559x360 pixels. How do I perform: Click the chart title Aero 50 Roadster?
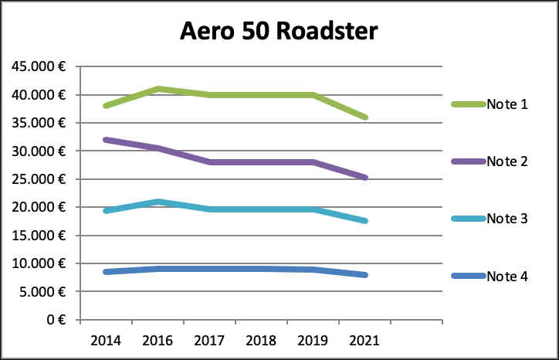[x=279, y=31]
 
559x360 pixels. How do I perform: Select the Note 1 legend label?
[x=506, y=104]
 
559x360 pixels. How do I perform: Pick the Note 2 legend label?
[x=506, y=161]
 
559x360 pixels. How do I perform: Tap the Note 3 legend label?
[x=506, y=219]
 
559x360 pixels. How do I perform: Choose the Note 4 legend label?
[x=506, y=276]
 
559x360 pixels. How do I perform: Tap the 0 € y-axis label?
[x=55, y=319]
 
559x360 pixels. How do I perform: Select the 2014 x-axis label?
[x=105, y=339]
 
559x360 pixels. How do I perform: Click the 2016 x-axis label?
[x=157, y=339]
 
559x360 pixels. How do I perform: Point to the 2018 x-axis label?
[x=260, y=339]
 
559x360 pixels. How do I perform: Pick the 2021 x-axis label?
[x=364, y=339]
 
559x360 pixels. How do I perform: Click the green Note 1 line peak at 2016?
[x=157, y=89]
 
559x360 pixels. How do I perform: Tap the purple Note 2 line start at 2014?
[x=105, y=140]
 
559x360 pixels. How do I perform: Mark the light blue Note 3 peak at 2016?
[x=157, y=202]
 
